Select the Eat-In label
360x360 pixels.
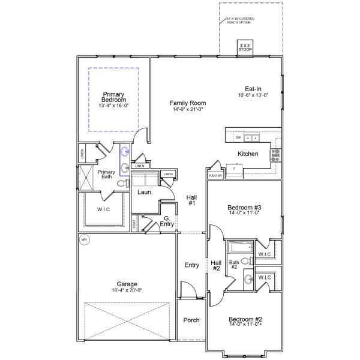253,89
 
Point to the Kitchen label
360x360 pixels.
248,154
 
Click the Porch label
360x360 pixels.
191,320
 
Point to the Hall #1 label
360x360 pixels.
192,200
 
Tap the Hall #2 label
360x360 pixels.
216,265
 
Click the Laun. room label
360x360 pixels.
145,193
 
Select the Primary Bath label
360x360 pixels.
106,174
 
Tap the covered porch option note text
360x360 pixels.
240,20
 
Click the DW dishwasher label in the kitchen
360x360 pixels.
238,138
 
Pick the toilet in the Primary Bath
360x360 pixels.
121,183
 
